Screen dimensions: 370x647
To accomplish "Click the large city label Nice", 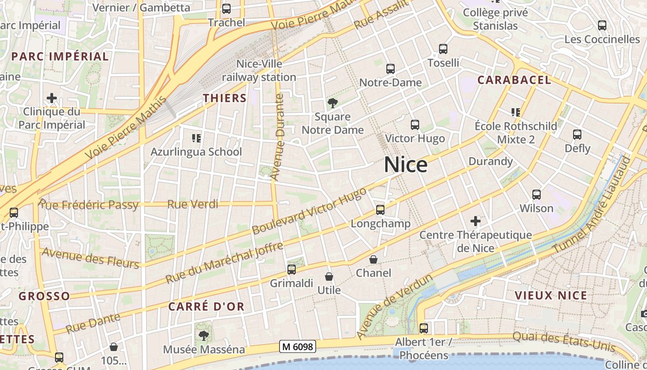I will [406, 165].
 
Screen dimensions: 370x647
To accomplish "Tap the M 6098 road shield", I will [298, 346].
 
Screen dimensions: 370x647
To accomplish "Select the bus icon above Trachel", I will [226, 9].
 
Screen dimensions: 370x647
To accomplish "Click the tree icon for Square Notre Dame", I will [332, 103].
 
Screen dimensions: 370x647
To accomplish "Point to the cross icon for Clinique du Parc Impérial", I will [52, 98].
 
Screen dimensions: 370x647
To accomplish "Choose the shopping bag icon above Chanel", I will [373, 259].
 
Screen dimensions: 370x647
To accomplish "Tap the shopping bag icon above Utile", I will [329, 277].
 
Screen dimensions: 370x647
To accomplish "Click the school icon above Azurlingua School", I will [196, 138].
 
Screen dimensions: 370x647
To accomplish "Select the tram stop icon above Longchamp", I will [380, 210].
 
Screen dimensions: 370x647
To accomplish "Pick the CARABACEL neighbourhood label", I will [514, 80].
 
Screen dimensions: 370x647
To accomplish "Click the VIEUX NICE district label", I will [551, 296].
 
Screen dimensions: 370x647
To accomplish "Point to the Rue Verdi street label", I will [193, 204].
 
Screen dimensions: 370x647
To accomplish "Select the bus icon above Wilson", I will [537, 195].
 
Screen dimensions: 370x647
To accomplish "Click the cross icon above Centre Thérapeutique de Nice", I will [476, 221].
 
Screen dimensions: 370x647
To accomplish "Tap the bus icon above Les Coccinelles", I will [602, 25].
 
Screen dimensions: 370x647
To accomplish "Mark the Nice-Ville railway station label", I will [259, 70].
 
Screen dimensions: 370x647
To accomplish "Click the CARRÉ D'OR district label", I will [206, 307].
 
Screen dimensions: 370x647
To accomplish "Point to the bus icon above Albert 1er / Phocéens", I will [424, 328].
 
